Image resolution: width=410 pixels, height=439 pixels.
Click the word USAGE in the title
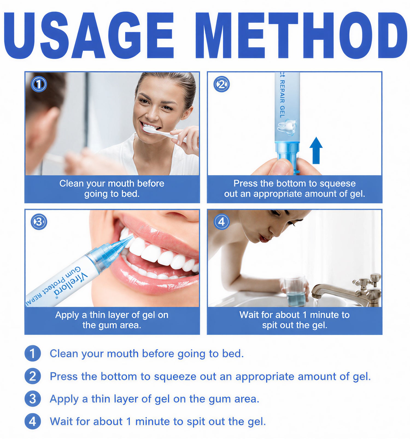pos(89,35)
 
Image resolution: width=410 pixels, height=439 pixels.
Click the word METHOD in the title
pos(301,35)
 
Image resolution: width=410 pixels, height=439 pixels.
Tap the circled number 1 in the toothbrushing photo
pos(39,84)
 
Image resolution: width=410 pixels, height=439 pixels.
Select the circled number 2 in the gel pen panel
pos(221,84)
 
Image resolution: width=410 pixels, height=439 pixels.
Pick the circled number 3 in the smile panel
pos(39,222)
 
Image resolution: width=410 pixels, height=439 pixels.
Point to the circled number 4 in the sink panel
pos(221,222)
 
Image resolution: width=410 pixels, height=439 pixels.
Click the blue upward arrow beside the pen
pos(316,150)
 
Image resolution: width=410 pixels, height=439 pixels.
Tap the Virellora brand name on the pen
pos(71,284)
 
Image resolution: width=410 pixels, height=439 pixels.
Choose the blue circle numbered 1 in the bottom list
pos(33,353)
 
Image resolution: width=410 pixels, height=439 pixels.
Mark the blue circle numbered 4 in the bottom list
pos(33,421)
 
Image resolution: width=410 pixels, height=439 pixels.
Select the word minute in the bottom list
pos(153,422)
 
